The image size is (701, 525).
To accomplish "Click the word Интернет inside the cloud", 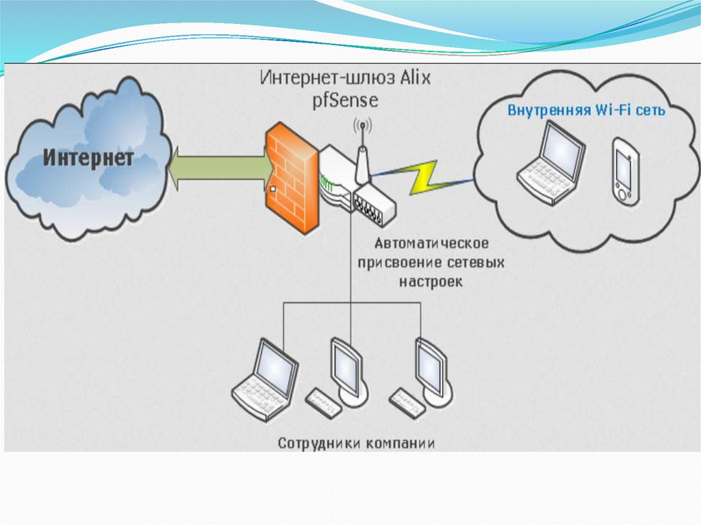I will click(x=89, y=159).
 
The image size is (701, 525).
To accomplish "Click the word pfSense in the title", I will click(x=346, y=100).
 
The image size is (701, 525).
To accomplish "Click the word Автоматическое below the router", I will click(x=431, y=244).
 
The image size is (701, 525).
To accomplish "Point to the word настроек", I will click(x=431, y=281).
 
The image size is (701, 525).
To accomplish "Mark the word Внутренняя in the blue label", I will click(x=544, y=110).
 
